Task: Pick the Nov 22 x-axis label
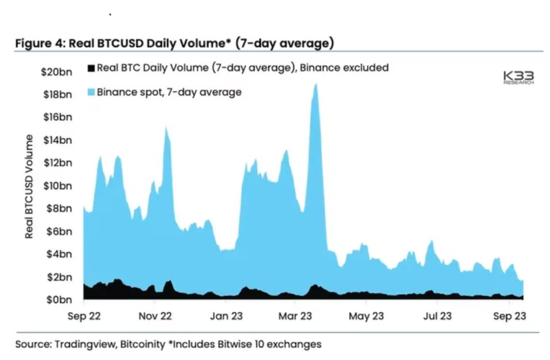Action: pos(156,315)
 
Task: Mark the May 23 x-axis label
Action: pos(367,315)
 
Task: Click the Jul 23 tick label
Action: pos(439,315)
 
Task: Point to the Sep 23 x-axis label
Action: pos(508,315)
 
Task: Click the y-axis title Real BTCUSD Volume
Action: pos(29,186)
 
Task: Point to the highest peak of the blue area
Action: pos(315,84)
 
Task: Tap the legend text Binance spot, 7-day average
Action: pos(169,91)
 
